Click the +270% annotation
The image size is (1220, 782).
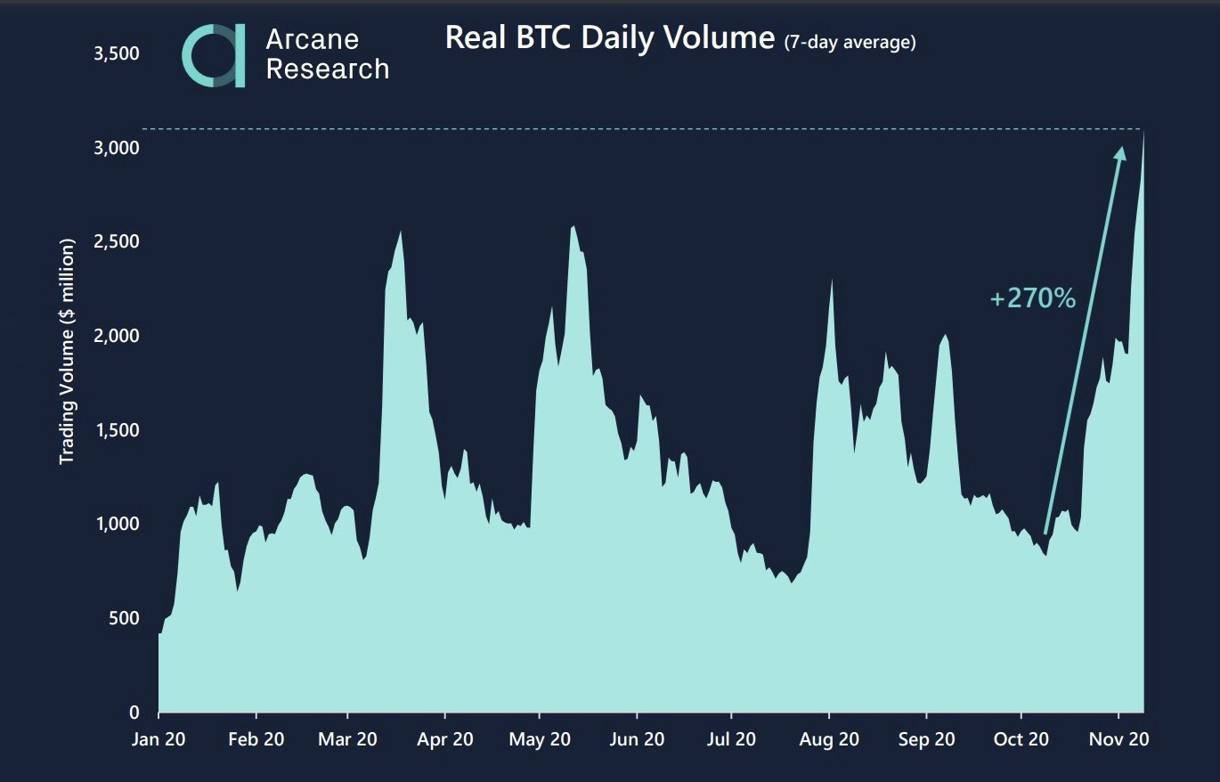coord(1032,298)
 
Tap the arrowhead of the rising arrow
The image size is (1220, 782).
coord(1121,152)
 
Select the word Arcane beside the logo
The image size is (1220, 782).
coord(312,40)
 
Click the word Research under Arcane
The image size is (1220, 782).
coord(327,69)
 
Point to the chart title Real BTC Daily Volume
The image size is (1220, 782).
coord(609,38)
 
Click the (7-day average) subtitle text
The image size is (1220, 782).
coord(850,42)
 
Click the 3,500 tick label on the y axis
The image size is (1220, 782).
coord(117,53)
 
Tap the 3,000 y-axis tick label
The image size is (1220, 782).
coord(117,148)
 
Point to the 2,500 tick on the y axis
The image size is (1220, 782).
coord(117,242)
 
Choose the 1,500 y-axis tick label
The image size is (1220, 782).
coord(117,430)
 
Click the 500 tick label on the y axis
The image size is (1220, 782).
coord(123,618)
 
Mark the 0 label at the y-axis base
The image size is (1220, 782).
coord(134,713)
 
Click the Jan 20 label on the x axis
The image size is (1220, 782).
coord(159,739)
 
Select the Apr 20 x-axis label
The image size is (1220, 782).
coord(445,739)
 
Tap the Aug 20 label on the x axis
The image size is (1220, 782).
coord(829,739)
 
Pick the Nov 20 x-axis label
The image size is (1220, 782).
coord(1118,739)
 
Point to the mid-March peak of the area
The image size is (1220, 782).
coord(401,233)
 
